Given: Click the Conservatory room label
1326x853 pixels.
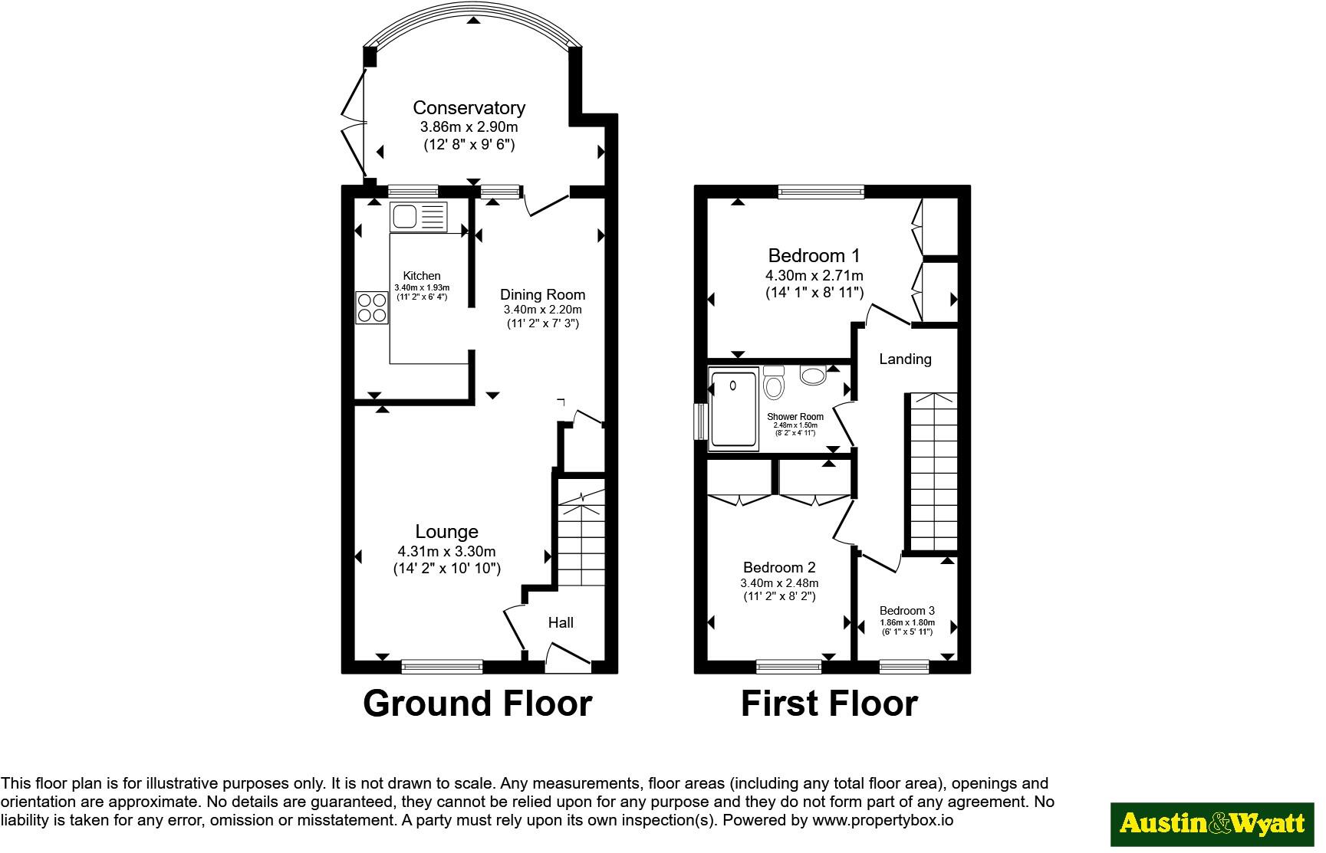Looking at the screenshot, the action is tap(469, 108).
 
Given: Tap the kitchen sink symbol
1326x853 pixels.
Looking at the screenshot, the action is tap(419, 217).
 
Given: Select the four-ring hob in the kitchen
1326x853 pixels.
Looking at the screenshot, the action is tap(372, 307).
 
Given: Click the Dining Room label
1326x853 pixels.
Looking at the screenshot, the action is tap(542, 294).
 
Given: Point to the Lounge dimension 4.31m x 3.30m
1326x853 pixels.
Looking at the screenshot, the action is tap(446, 551).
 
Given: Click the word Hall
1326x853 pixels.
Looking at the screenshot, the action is tap(561, 622).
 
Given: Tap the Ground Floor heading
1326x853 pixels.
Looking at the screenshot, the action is tap(477, 703).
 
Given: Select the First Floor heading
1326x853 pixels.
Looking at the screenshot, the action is tap(829, 703).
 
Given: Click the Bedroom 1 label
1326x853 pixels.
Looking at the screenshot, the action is tap(814, 255).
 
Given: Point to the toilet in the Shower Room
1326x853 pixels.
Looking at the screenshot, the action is tap(774, 382).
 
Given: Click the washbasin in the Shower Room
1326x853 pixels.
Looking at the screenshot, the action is tap(812, 374).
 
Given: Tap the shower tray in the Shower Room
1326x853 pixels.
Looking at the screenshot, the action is tap(734, 408).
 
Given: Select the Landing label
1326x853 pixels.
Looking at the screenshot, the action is tap(905, 359).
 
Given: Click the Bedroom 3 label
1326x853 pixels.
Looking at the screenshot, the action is tap(907, 611).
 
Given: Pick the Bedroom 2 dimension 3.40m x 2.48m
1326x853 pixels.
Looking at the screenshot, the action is tap(779, 583).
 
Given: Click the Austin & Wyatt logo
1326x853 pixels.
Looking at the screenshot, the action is tap(1212, 824).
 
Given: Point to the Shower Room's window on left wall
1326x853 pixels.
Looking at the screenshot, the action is tap(700, 422).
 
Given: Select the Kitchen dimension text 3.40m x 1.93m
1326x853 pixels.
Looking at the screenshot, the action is tap(422, 287).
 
